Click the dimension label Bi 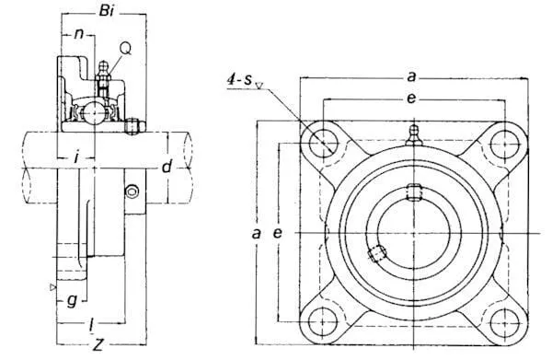pos(107,11)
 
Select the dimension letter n pos(79,33)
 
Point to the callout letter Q pos(125,48)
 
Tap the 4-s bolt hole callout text pos(240,80)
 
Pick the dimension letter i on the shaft pos(76,157)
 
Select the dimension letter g pos(72,301)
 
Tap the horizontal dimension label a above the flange pos(411,76)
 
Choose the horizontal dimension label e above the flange pos(411,99)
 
